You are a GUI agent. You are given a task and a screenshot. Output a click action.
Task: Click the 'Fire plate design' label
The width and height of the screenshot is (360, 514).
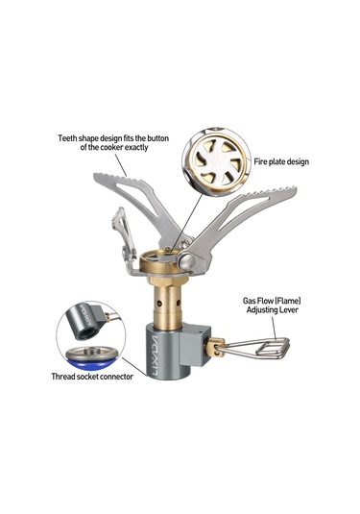click(281, 161)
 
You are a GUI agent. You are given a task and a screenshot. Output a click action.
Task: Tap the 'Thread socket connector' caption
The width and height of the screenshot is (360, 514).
click(92, 377)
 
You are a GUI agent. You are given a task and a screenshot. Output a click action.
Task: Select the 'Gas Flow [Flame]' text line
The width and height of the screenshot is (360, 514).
click(272, 301)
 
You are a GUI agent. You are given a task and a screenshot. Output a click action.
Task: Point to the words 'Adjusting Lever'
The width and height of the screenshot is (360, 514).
click(273, 309)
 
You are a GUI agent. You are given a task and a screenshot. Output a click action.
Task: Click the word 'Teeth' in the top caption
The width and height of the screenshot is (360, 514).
click(67, 138)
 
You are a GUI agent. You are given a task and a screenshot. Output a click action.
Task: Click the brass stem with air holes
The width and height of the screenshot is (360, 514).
click(167, 304)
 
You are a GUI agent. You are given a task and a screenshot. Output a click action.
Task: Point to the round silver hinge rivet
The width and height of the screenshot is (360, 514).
click(186, 260)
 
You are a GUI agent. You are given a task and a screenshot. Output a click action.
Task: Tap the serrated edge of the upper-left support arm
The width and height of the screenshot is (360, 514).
click(120, 177)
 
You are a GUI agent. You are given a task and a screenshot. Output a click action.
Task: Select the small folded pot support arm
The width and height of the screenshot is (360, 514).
click(124, 236)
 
